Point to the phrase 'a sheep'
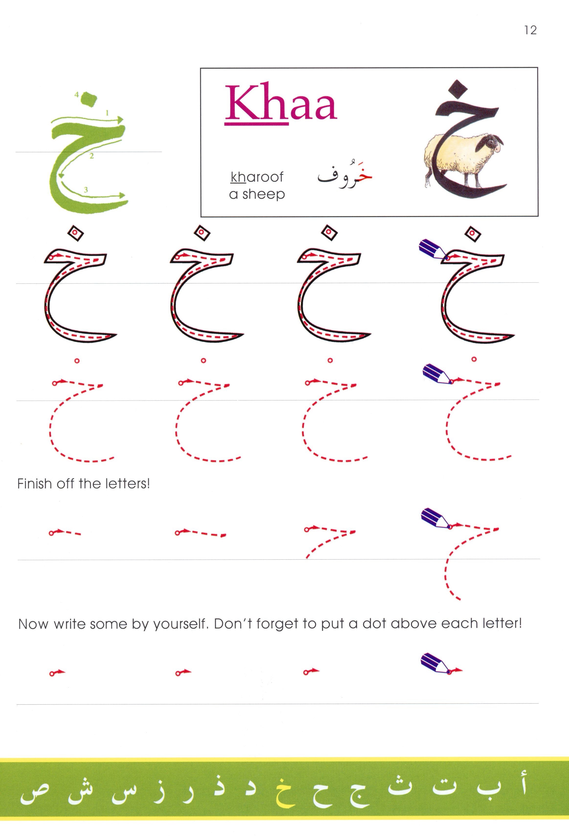(257, 194)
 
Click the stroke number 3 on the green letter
(86, 189)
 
